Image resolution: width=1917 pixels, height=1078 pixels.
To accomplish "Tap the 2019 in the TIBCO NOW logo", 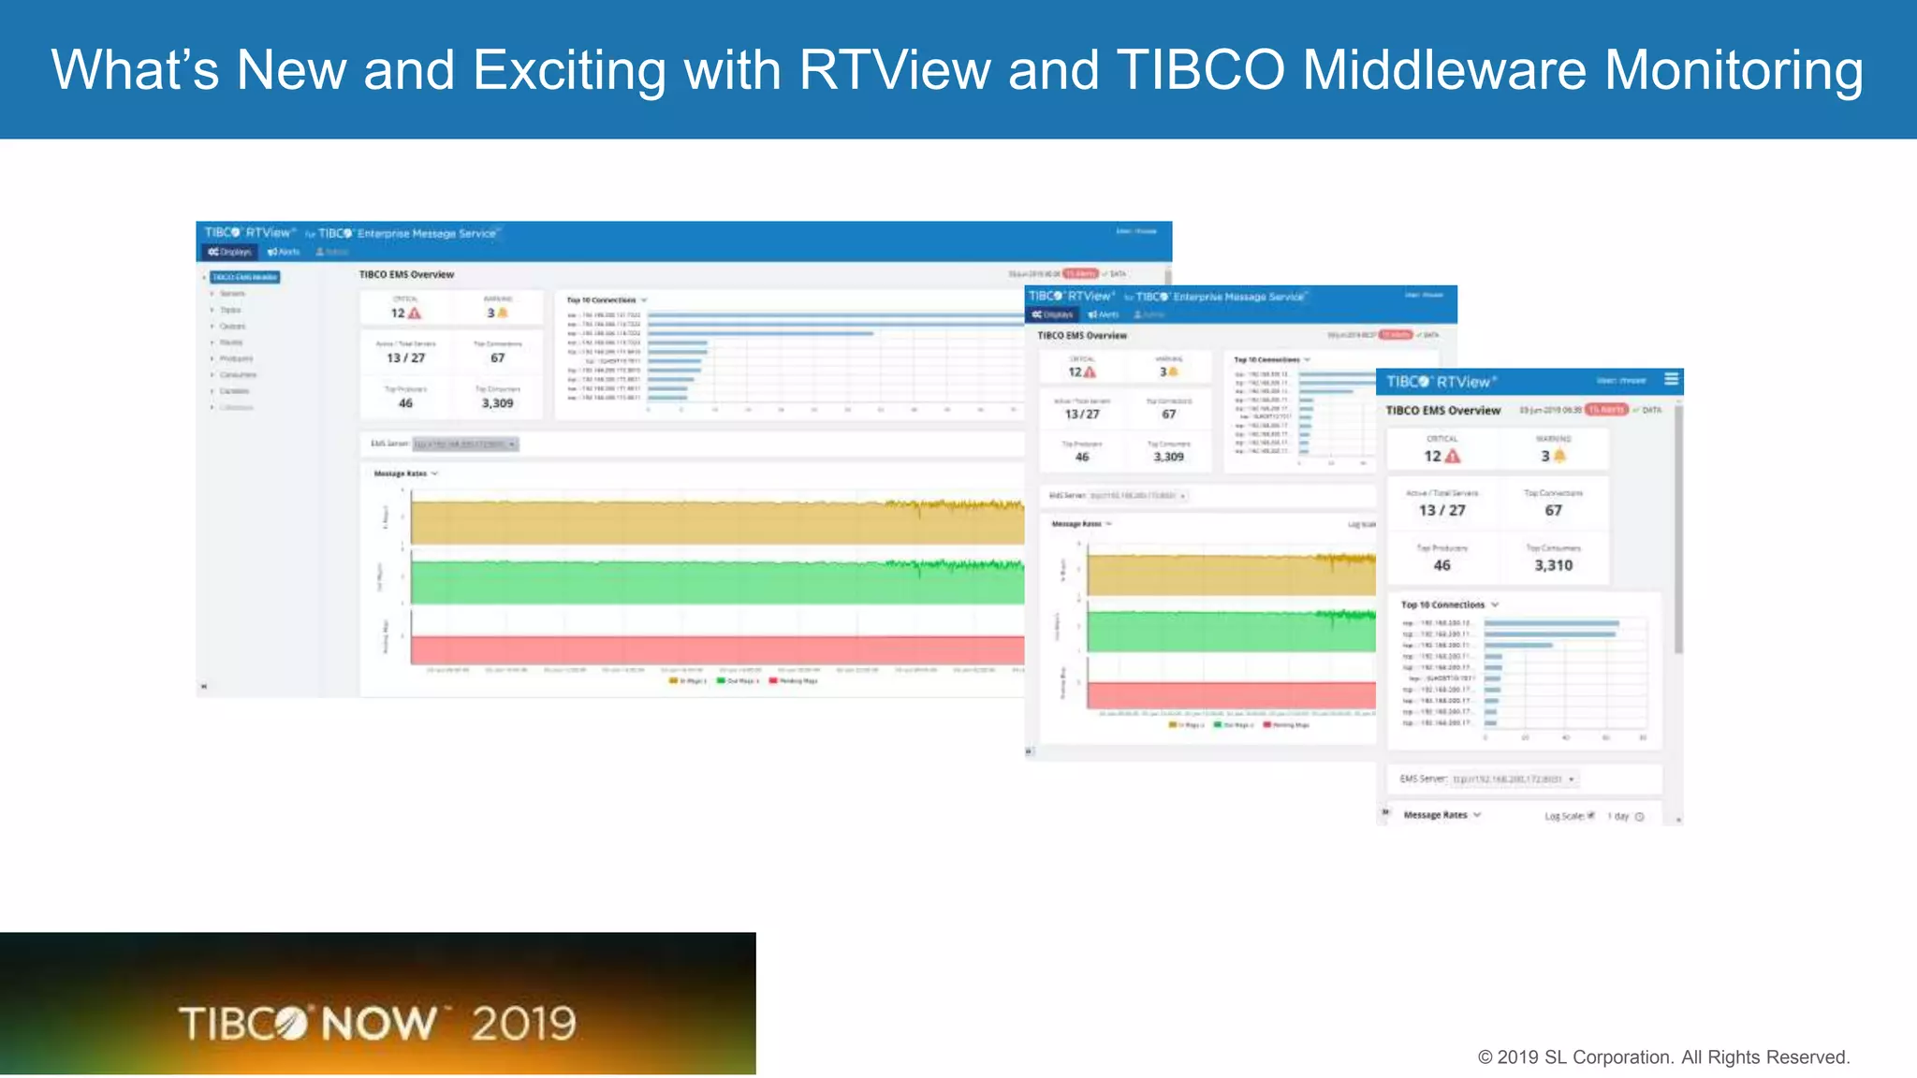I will (523, 1023).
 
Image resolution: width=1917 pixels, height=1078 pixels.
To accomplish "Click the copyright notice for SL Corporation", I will (1663, 1057).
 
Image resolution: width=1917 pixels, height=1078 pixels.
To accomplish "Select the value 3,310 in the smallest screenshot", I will (1553, 565).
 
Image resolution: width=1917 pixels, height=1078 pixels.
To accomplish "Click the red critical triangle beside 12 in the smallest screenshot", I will (1453, 456).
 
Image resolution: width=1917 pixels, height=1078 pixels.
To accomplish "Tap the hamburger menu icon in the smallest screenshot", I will (1672, 379).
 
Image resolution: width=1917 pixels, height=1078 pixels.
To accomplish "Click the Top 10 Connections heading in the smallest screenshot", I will (1442, 605).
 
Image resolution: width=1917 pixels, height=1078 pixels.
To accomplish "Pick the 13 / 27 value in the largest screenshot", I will (405, 357).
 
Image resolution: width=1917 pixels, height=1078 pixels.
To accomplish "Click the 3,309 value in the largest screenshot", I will (497, 403).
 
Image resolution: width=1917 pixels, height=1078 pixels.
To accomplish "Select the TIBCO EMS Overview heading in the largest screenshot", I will (406, 274).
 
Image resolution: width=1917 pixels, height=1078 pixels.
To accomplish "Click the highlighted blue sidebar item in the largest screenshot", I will (244, 277).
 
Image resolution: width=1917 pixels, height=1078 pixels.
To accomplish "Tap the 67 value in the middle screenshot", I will (1168, 414).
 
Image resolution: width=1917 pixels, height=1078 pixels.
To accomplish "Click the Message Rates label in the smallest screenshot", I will (1435, 815).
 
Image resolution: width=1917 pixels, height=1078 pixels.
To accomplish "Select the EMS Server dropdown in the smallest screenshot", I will (1513, 779).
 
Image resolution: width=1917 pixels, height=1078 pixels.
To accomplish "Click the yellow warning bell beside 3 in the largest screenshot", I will (503, 313).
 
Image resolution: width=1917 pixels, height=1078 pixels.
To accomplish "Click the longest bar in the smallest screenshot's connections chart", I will (1551, 623).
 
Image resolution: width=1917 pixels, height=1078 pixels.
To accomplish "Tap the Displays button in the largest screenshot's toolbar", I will (229, 252).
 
